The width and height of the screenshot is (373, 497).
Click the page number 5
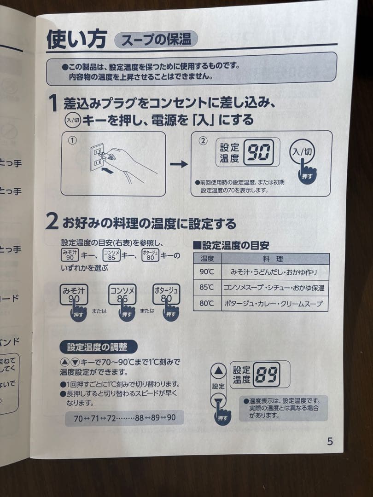point(330,441)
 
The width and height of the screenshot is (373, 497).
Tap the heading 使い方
point(77,39)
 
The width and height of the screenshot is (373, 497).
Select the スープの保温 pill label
point(156,40)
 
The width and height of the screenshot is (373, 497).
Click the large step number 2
point(52,223)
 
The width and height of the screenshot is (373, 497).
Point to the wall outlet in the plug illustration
point(96,156)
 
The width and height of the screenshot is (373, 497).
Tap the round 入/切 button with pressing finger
point(303,152)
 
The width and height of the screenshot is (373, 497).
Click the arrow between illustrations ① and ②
point(179,164)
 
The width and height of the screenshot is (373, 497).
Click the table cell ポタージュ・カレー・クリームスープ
point(274,304)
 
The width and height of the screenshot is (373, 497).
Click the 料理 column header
point(274,259)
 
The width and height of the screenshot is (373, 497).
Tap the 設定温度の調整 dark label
point(99,347)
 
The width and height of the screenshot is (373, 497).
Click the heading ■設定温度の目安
point(231,245)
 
